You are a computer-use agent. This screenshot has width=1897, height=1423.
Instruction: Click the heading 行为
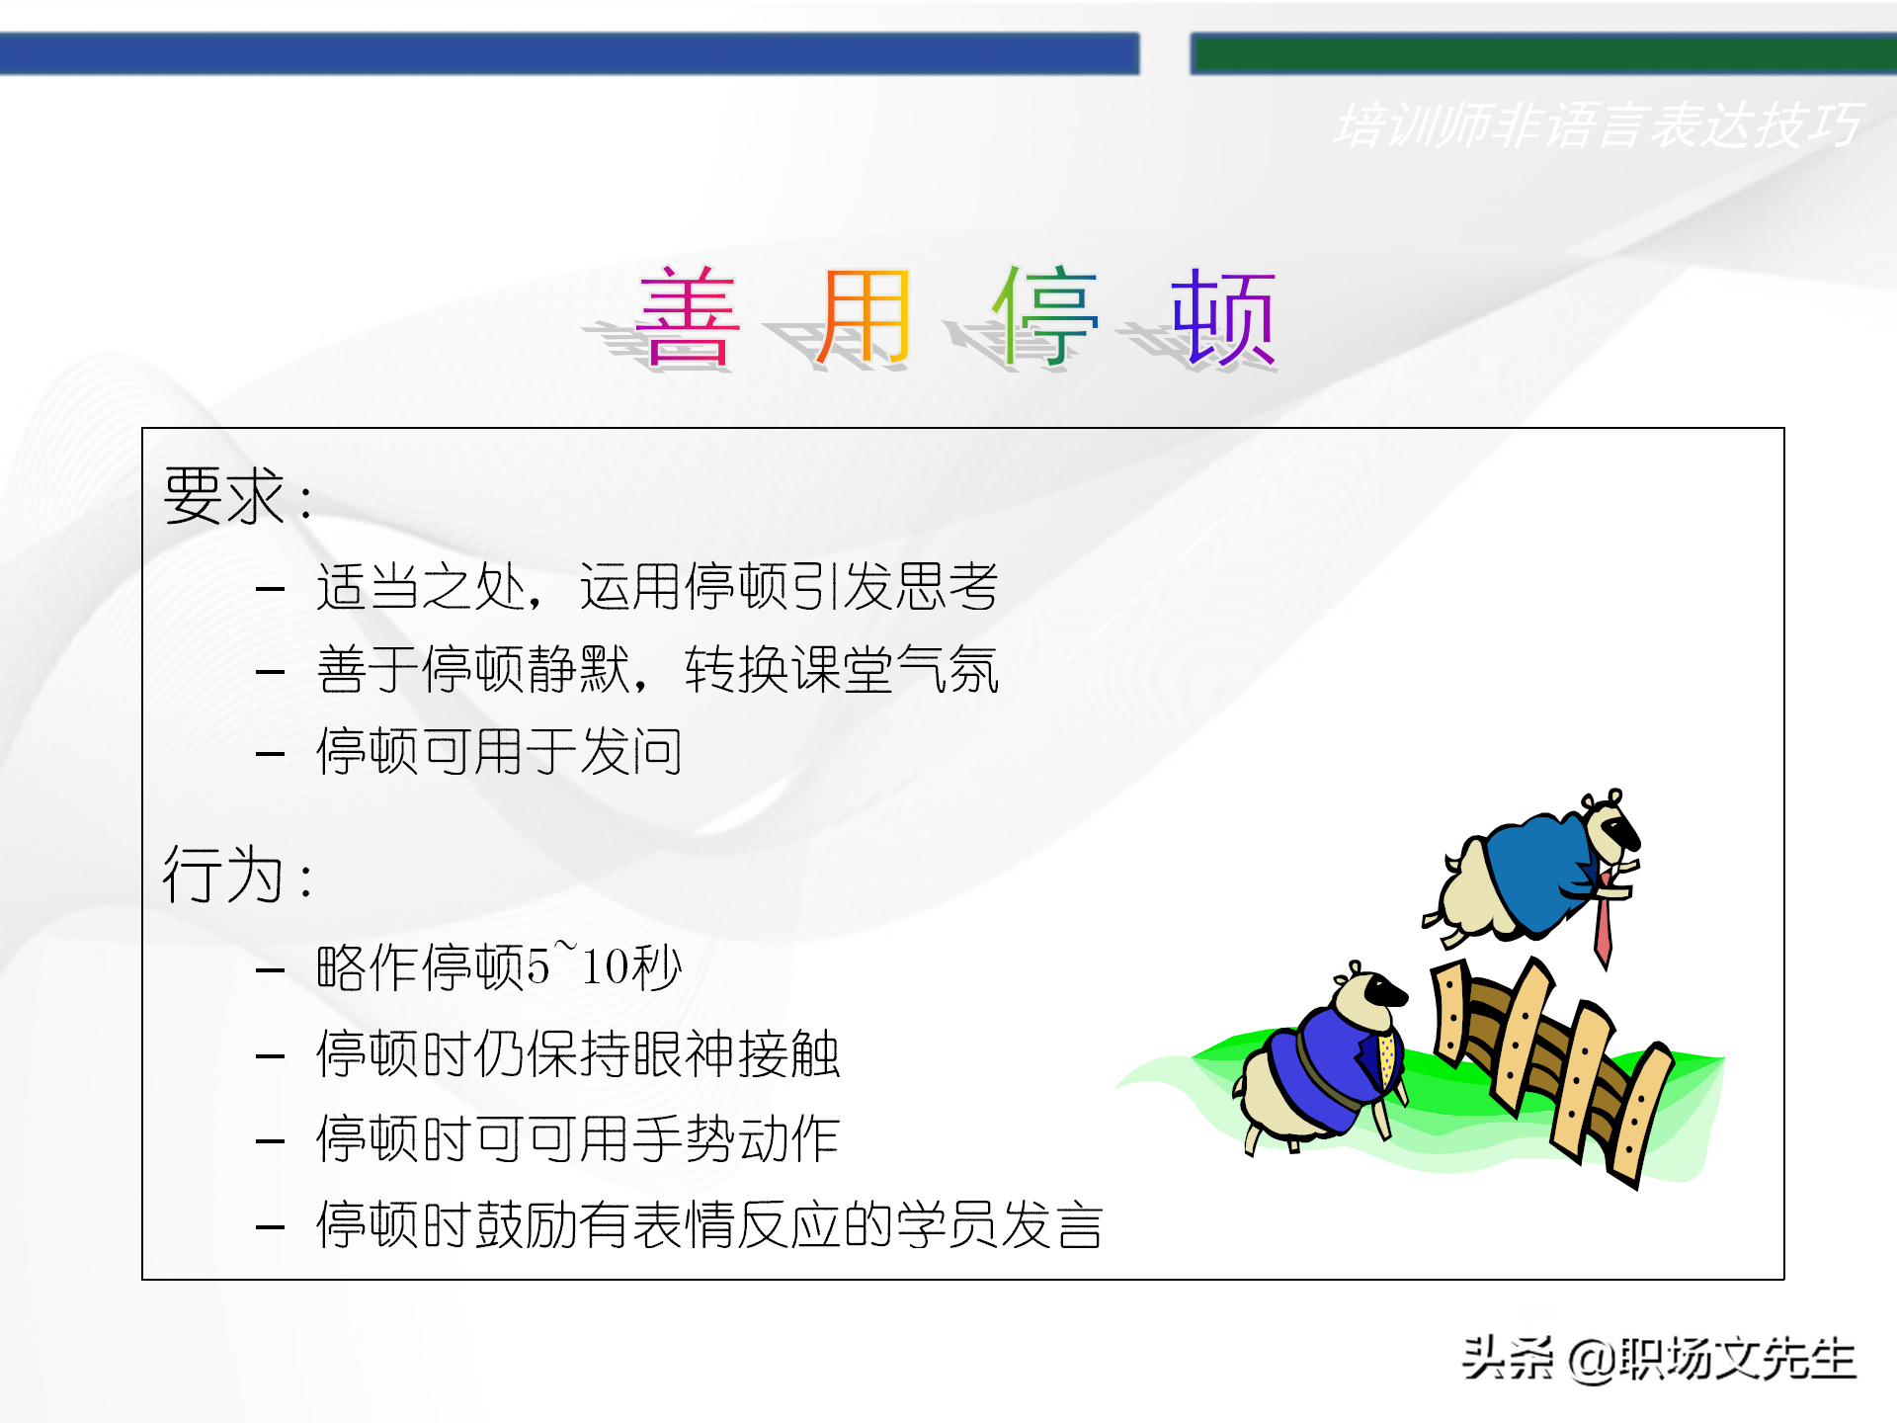click(225, 876)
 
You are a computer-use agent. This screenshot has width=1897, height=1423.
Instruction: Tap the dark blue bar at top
click(568, 53)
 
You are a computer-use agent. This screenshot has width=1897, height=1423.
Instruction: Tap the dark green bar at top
click(1541, 53)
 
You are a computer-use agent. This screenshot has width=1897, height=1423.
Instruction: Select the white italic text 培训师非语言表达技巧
click(1596, 126)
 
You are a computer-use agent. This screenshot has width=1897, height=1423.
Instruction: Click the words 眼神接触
click(736, 1053)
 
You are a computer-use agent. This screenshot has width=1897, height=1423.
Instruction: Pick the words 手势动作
click(736, 1139)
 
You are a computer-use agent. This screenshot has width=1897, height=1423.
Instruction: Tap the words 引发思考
click(894, 587)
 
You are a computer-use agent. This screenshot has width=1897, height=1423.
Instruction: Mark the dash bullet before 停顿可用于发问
click(270, 754)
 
